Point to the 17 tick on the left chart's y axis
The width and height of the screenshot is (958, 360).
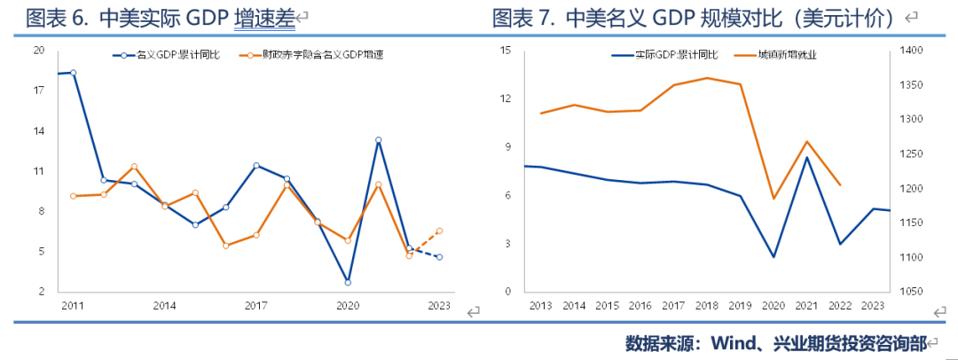[x=38, y=90]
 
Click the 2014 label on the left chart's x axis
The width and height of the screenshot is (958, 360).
[x=164, y=306]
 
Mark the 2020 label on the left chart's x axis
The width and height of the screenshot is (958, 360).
[x=348, y=306]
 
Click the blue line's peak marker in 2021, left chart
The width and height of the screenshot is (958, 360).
[x=379, y=140]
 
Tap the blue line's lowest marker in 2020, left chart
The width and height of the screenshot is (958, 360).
[x=348, y=282]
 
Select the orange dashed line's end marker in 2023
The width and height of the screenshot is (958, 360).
[x=439, y=231]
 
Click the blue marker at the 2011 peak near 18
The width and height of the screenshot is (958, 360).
[x=73, y=73]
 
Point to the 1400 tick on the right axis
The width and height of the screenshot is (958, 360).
[x=913, y=51]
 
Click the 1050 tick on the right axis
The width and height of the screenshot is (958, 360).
[x=913, y=292]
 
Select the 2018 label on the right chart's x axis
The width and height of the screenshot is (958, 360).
[x=707, y=306]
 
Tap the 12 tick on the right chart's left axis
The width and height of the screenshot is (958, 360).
[x=506, y=98]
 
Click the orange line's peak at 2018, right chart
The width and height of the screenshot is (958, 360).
[x=707, y=78]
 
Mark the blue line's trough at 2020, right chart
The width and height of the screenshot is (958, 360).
[x=773, y=257]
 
